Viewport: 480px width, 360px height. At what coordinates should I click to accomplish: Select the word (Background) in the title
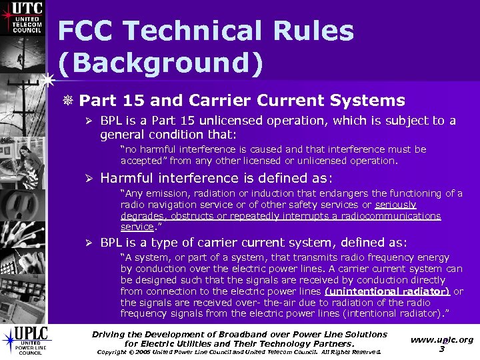(x=161, y=63)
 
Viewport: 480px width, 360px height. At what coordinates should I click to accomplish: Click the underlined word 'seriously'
(x=396, y=205)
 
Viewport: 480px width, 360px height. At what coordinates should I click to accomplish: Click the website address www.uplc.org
(x=442, y=339)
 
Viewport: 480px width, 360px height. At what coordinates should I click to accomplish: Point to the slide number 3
(x=441, y=349)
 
